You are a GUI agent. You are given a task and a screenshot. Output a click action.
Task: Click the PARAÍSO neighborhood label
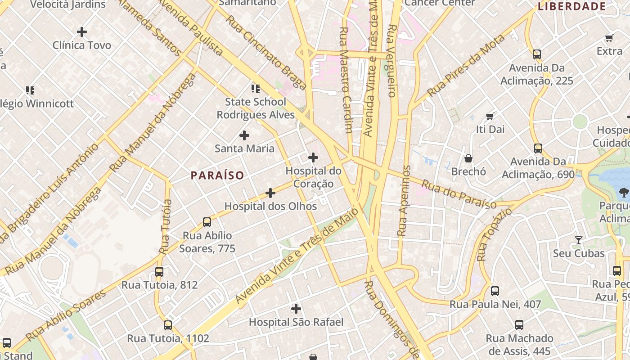[217, 175]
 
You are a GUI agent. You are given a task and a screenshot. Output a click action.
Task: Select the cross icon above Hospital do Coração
[313, 157]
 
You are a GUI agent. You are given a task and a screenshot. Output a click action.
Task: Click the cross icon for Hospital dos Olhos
[270, 193]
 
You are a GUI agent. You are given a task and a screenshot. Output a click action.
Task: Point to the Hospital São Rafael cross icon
[296, 309]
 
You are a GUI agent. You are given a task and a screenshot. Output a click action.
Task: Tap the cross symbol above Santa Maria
[244, 135]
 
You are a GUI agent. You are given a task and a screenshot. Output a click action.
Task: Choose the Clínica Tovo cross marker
[82, 32]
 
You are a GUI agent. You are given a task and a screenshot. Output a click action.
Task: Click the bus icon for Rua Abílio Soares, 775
[207, 222]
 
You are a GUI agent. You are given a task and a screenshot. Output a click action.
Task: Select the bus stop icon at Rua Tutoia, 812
[159, 271]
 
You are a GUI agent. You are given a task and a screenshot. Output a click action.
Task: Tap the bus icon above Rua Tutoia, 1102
[168, 325]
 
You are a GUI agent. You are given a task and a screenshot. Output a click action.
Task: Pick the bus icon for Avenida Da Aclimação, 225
[537, 54]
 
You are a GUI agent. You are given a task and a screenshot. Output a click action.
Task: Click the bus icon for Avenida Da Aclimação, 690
[538, 148]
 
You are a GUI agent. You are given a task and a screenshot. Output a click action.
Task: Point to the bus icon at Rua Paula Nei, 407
[495, 291]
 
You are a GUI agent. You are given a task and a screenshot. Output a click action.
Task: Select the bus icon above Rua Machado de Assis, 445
[519, 325]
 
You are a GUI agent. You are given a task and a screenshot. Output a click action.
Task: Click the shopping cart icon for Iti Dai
[490, 116]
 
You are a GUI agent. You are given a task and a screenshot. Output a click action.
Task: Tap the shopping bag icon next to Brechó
[468, 158]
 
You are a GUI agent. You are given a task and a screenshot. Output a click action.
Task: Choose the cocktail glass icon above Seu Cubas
[579, 240]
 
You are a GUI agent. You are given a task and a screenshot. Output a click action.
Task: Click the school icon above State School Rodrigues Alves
[256, 88]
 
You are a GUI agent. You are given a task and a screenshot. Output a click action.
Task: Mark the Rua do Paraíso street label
[459, 194]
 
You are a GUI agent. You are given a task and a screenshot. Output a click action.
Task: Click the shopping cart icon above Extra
[609, 38]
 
